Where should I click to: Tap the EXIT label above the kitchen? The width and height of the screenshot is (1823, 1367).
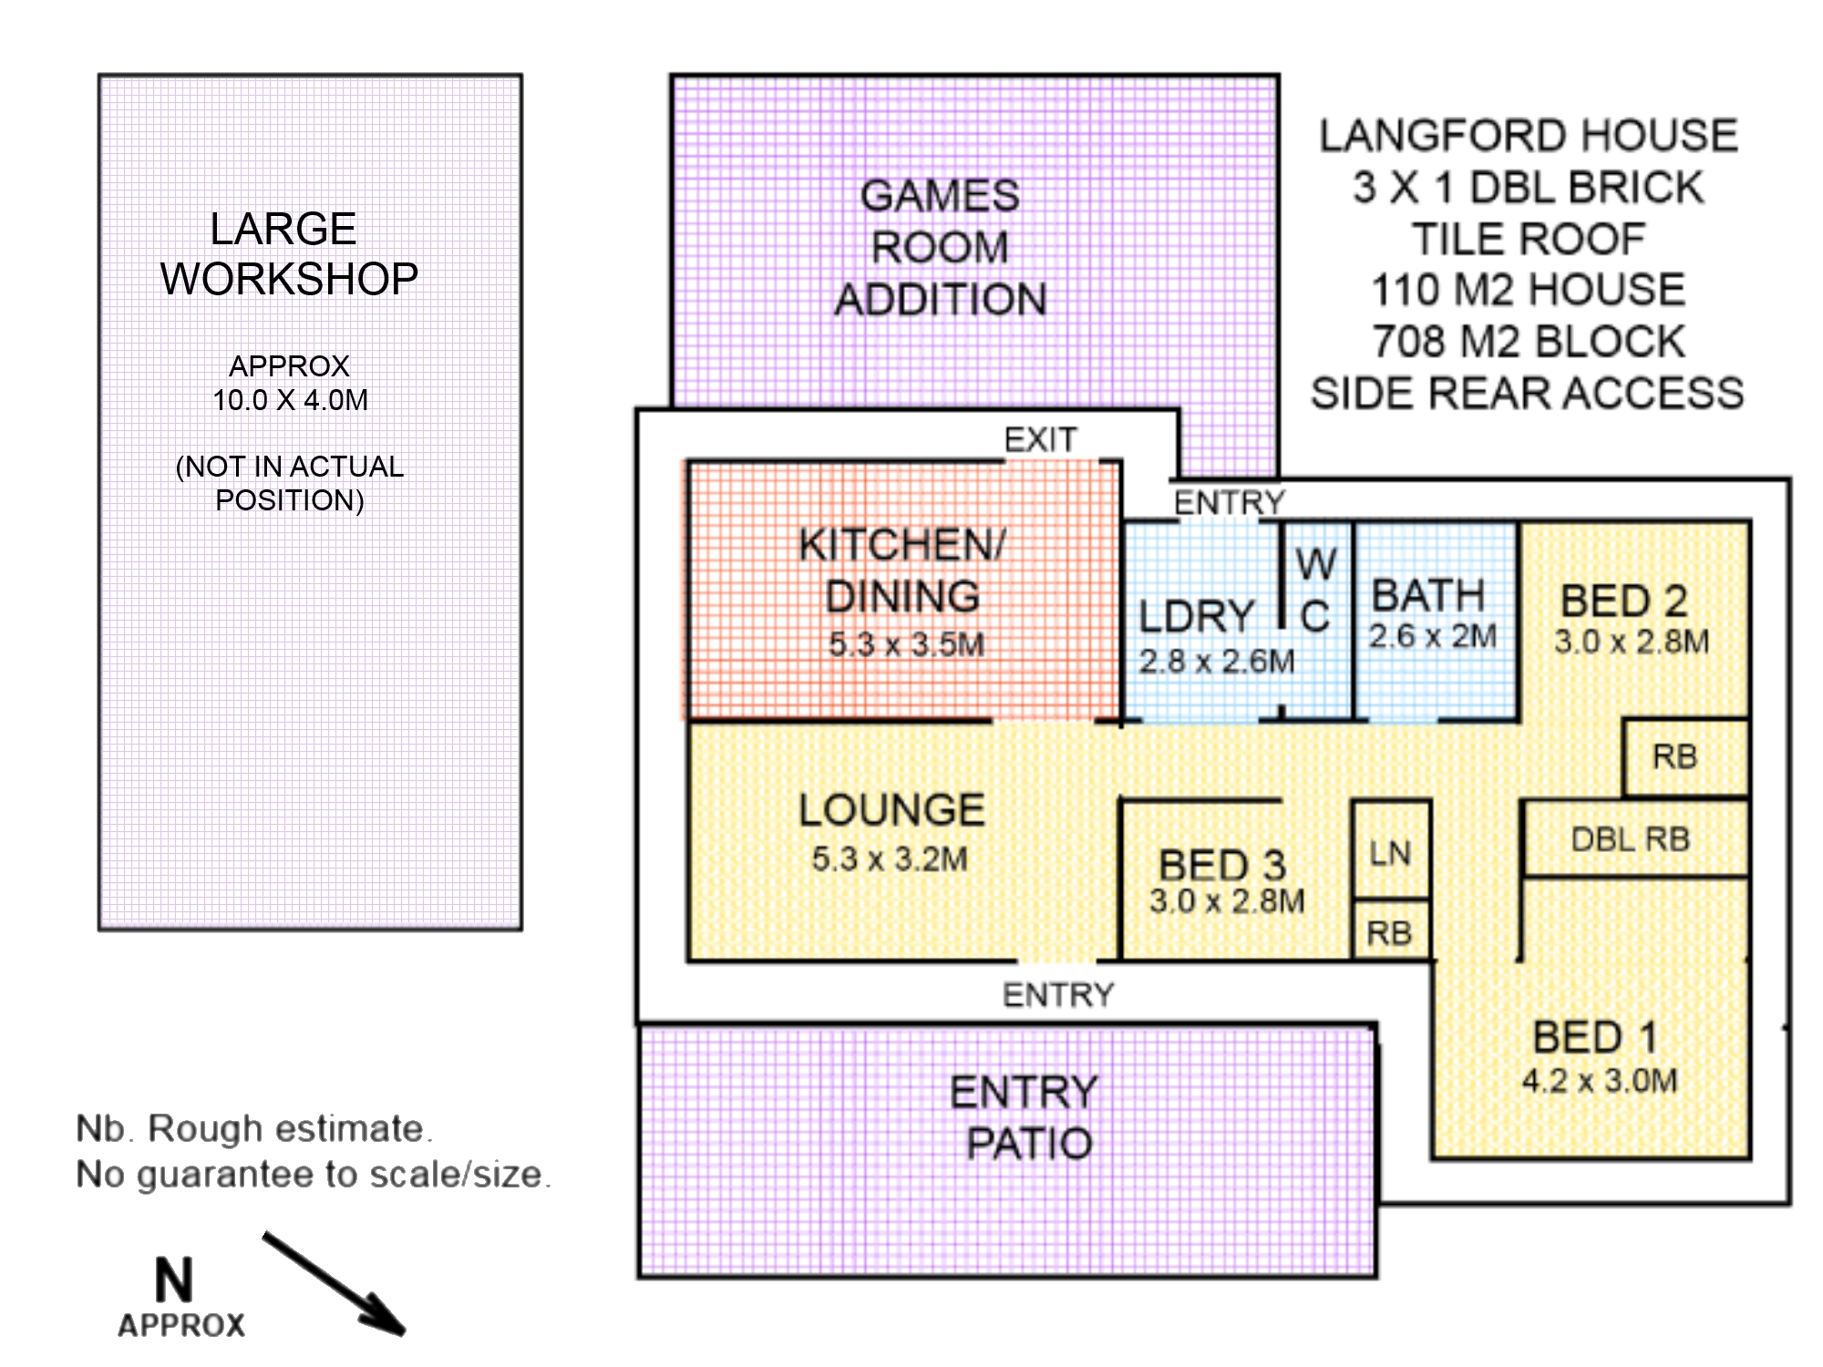1040,440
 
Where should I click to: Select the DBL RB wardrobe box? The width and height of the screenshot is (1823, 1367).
1631,839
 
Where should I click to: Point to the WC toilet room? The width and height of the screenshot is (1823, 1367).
1315,591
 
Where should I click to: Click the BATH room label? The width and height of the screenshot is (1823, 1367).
1428,597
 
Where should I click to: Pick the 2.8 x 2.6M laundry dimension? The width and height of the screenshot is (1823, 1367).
1216,662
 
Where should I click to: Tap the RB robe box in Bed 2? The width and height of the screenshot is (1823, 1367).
1675,757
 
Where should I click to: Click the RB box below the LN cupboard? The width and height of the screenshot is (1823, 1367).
1389,933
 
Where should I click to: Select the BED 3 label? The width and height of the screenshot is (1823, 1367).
1222,866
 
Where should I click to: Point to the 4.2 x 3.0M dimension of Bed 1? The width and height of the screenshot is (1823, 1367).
1600,1082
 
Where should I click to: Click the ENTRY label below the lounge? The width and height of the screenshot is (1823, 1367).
1058,995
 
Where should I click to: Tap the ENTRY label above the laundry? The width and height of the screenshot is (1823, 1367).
1229,503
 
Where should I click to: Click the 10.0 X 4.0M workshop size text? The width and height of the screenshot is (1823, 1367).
290,400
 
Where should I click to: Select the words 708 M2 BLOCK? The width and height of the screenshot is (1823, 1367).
1529,343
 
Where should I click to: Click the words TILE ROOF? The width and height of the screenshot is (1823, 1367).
1529,240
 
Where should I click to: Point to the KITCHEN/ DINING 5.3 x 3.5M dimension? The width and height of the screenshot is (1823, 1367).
906,645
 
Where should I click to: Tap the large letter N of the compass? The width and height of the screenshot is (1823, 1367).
174,1280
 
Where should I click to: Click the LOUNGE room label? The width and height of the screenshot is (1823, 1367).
891,810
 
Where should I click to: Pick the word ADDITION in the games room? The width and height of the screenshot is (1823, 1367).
941,300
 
